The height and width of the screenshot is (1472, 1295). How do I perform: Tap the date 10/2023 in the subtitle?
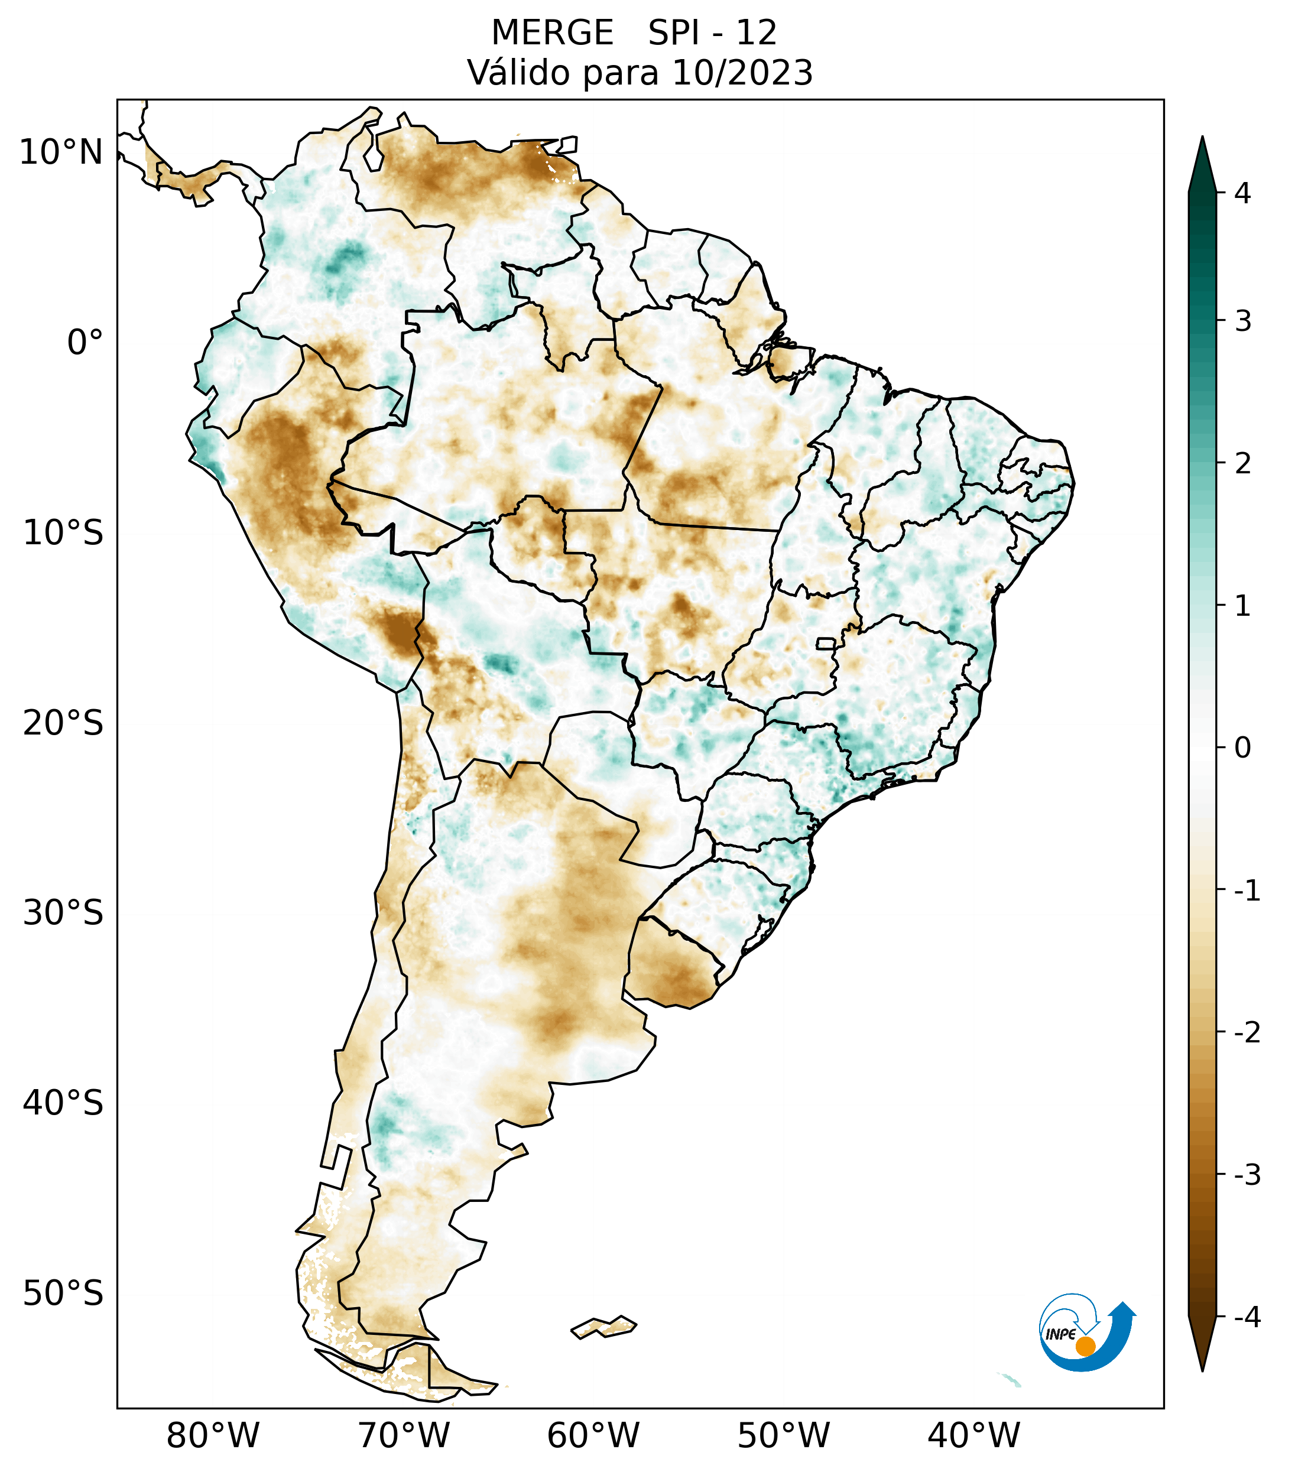point(742,73)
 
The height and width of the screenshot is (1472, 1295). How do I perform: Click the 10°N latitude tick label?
point(61,152)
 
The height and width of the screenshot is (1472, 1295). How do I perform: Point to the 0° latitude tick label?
point(85,343)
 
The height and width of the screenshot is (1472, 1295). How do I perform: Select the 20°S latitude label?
point(63,723)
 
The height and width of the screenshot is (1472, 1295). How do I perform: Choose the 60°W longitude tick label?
point(593,1435)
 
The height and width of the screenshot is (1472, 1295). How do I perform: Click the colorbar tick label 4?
point(1242,193)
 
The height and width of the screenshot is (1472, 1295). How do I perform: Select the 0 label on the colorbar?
point(1242,748)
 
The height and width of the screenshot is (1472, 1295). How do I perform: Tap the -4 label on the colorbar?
point(1247,1317)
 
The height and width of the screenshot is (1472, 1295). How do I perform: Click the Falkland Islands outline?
point(603,1326)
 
